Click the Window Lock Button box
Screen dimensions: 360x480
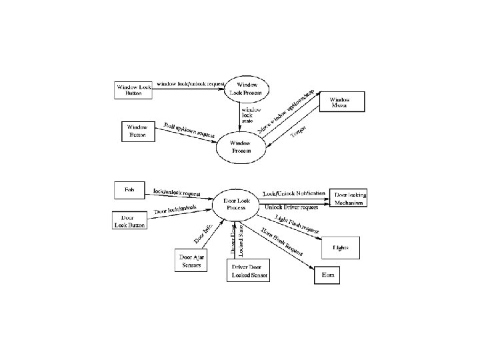click(133, 90)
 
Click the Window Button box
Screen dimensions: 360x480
click(137, 131)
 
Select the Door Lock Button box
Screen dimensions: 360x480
click(127, 221)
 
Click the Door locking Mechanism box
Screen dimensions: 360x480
click(349, 198)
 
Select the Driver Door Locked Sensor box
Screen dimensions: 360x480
click(246, 271)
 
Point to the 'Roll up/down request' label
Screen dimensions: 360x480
click(189, 131)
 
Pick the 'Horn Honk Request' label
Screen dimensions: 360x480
click(279, 244)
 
